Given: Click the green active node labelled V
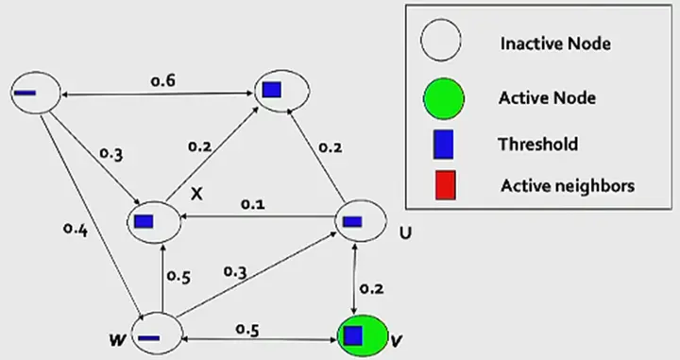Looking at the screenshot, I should (360, 334).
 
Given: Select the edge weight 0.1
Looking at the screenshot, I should (252, 204).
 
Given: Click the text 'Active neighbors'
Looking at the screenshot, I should (567, 186).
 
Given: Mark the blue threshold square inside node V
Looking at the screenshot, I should (353, 334).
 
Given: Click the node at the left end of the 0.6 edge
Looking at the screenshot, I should (34, 93).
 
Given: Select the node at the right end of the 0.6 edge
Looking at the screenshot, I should (283, 91).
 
